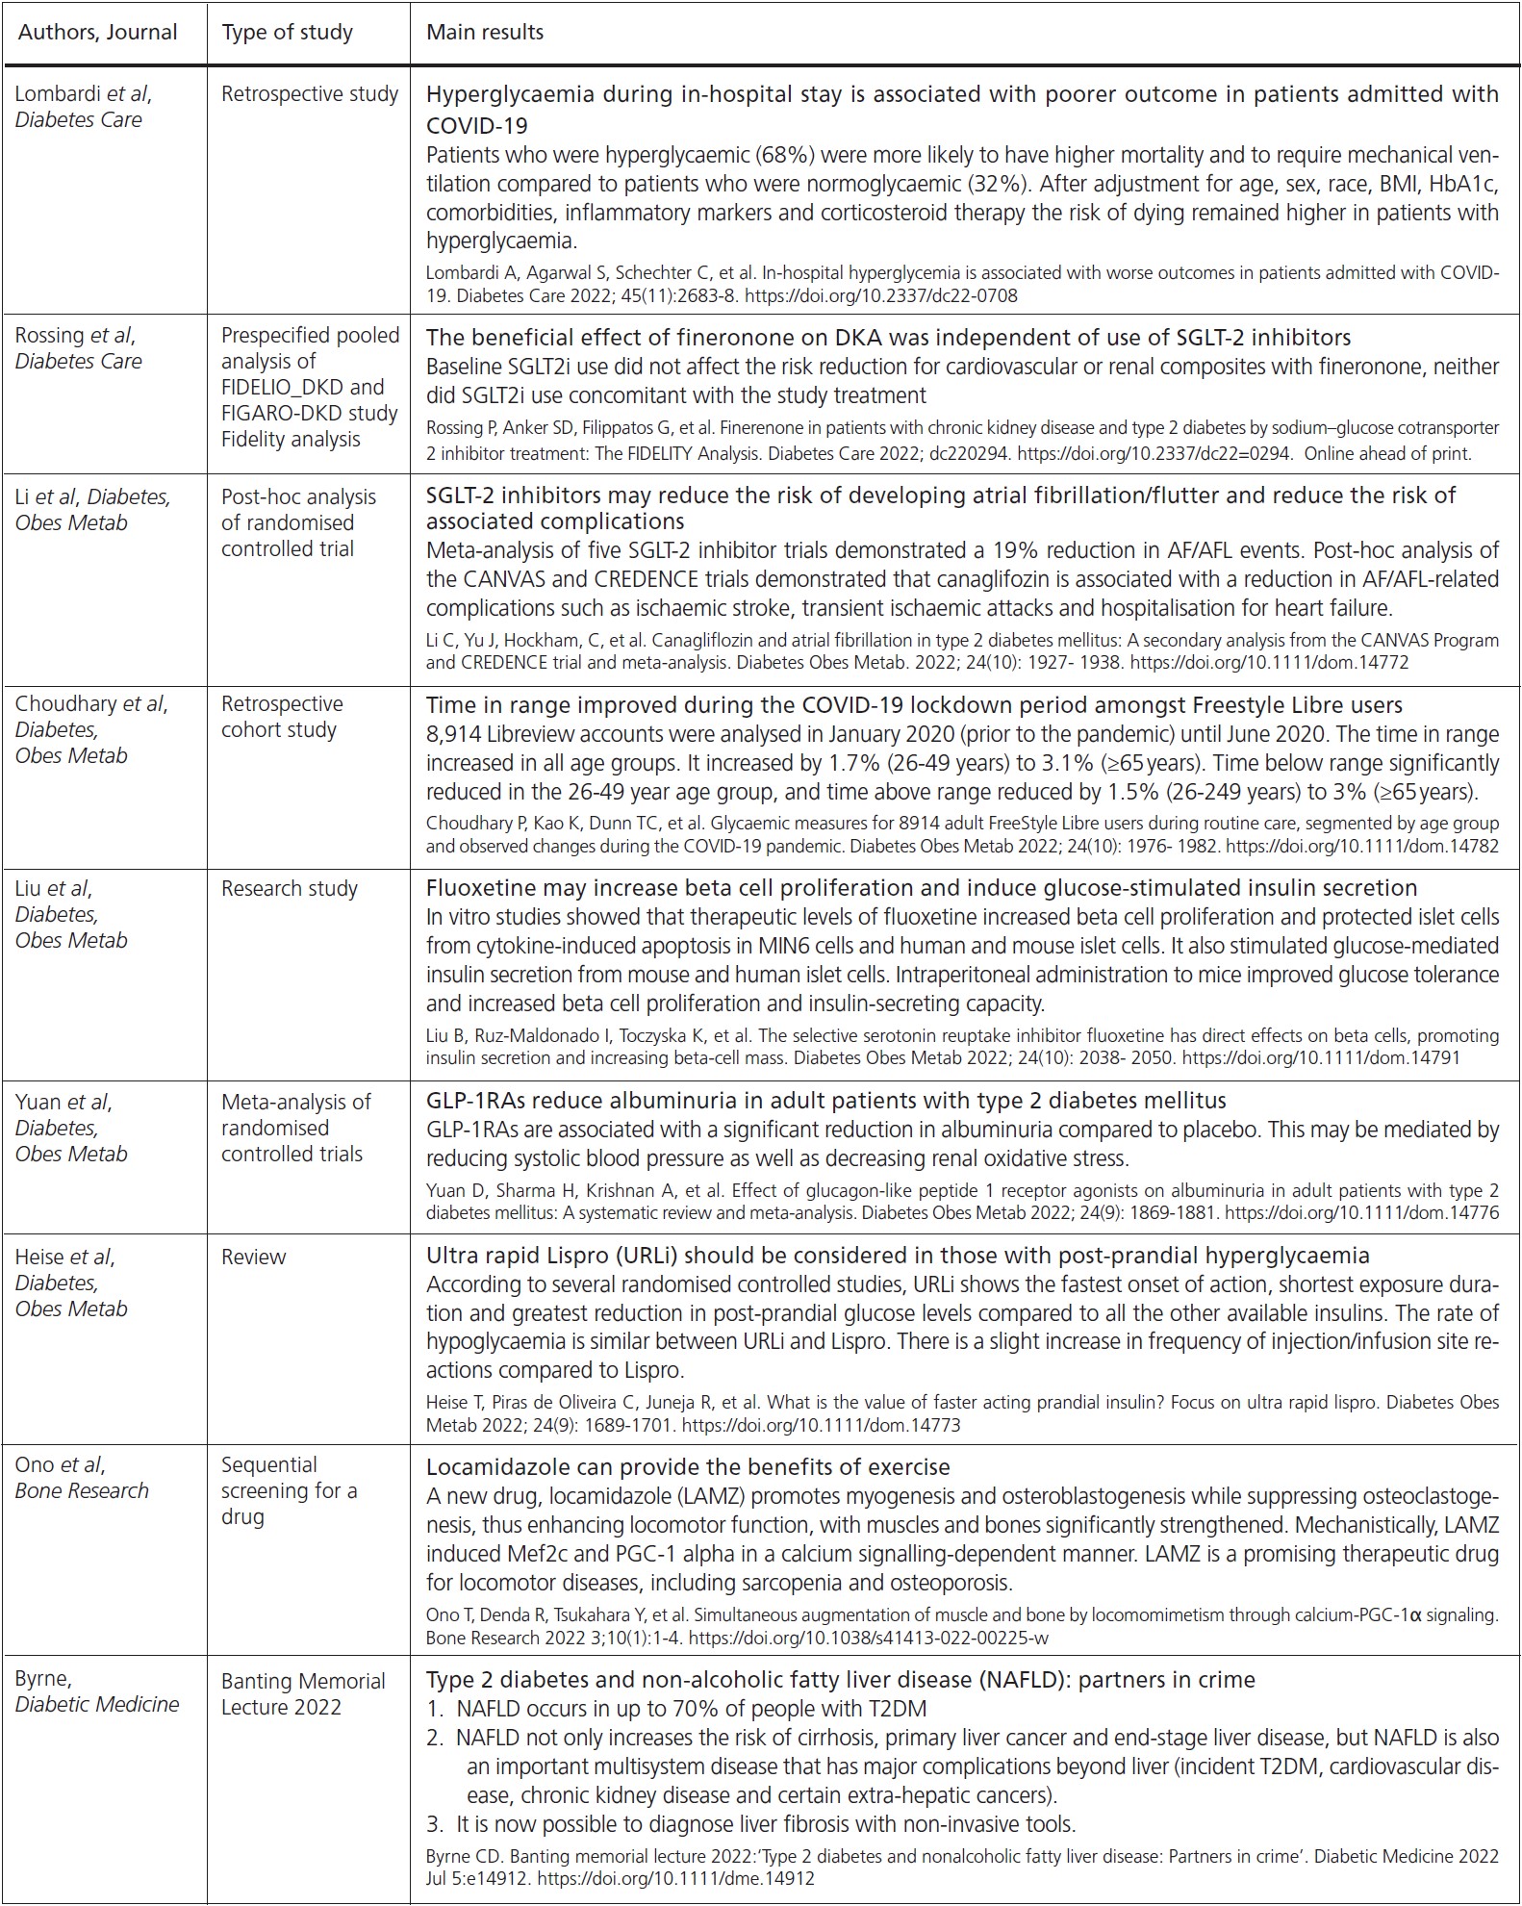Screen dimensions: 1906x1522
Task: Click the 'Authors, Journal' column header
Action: pos(98,33)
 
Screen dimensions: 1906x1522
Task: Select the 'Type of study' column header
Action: pos(287,33)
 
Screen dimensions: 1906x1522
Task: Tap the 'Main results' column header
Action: pos(485,33)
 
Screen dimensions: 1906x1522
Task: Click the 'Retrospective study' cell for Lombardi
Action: pos(309,94)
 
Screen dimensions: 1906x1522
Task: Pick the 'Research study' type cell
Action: pos(289,888)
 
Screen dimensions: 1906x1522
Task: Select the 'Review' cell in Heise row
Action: pos(253,1257)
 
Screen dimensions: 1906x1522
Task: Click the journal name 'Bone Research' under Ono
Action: pos(82,1490)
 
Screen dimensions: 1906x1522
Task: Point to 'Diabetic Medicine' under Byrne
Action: pos(97,1704)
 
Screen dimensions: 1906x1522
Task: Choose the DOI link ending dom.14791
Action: pos(1320,1057)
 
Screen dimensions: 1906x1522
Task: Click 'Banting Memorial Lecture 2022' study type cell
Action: pos(303,1693)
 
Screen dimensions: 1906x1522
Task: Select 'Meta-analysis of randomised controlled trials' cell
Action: pos(295,1128)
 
